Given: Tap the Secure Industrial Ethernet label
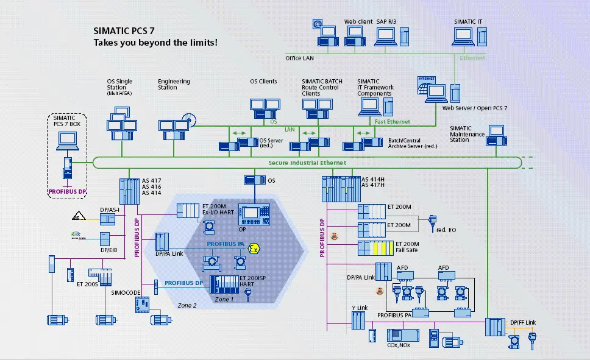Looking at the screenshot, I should pos(307,163).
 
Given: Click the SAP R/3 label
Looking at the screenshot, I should pos(386,21).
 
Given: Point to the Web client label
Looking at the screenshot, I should pos(358,21).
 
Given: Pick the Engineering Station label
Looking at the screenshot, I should pos(174,84).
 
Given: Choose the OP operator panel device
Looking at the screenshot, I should pos(251,214).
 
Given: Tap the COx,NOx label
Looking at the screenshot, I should pos(397,345).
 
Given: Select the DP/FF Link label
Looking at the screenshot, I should pos(523,322).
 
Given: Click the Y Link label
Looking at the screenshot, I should pos(358,307).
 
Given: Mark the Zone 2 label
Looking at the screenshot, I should pos(187,305).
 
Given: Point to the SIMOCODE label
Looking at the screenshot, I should pos(124,292).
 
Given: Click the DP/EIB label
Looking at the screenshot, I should pos(108,249).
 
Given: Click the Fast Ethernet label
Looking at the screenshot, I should pos(393,122).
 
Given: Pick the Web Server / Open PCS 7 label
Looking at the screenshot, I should pos(474,108).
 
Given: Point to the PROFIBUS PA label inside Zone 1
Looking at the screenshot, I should pos(225,244).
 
